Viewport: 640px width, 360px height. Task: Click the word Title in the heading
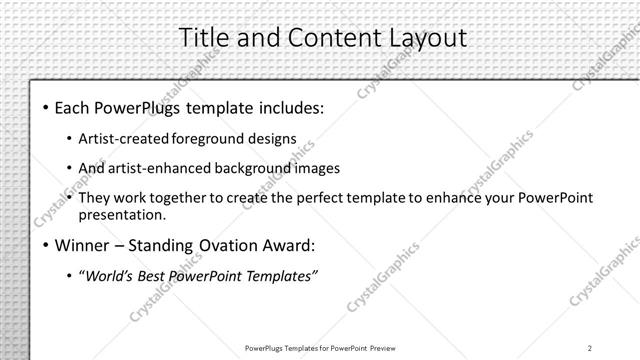[204, 37]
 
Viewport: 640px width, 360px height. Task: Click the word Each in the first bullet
[72, 106]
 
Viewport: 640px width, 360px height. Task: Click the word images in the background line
[313, 168]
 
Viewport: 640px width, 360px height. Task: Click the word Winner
[82, 244]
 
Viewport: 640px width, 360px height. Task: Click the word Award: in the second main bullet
[287, 244]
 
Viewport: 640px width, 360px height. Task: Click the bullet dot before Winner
[45, 245]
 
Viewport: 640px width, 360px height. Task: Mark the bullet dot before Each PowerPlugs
[45, 107]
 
